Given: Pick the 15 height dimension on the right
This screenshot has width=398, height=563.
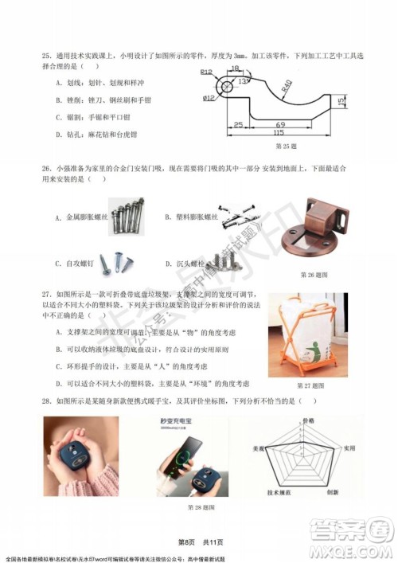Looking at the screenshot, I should point(341,101).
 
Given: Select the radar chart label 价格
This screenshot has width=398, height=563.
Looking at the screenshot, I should point(308,419).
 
